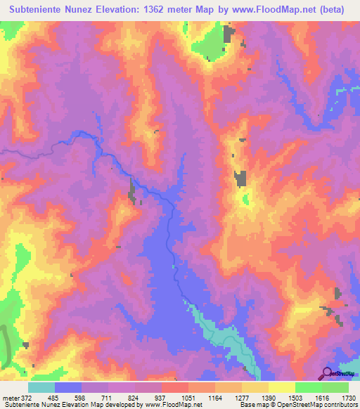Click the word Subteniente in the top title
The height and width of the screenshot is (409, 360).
click(x=43, y=11)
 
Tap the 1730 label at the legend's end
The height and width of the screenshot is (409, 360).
click(x=347, y=398)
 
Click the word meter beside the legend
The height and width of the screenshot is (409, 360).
click(x=11, y=398)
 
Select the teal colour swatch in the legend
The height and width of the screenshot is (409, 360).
click(x=41, y=387)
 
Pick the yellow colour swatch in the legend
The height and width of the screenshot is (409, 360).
click(x=282, y=387)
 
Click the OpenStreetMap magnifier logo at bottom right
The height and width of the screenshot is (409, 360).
click(x=327, y=373)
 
